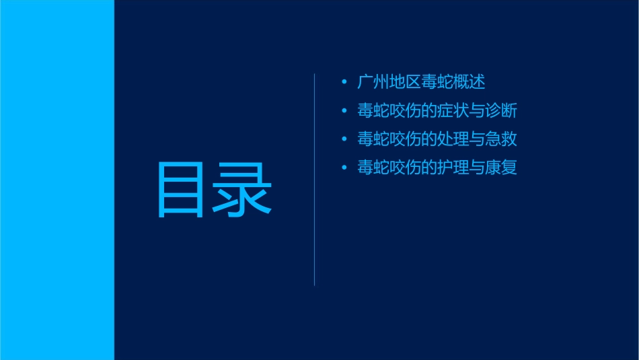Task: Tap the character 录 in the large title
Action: point(243,190)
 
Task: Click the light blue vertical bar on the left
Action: point(57,180)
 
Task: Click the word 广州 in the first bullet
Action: point(373,82)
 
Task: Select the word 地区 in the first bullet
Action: point(405,82)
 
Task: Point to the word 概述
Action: point(469,82)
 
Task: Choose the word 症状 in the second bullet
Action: point(453,111)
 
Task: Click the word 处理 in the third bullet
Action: point(453,139)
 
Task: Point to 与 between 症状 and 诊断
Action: point(476,111)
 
